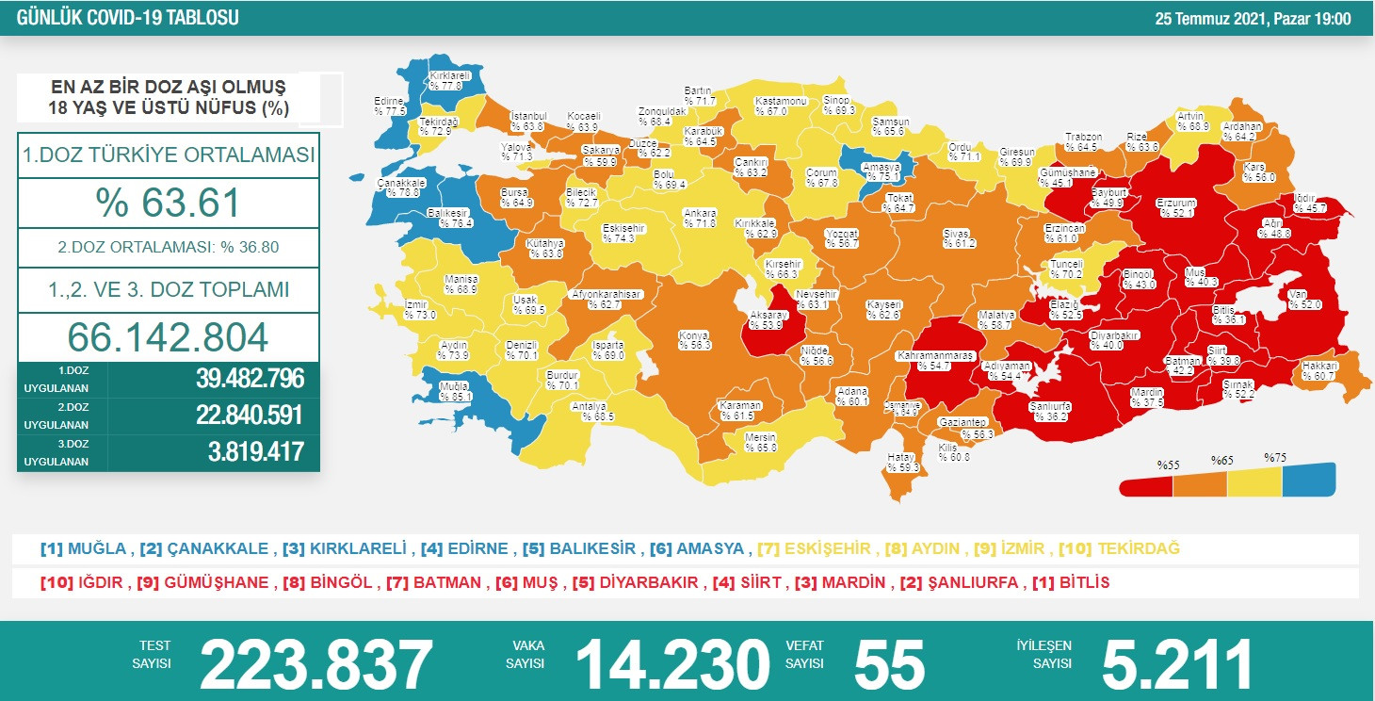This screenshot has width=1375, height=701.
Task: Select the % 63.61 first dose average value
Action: [x=168, y=203]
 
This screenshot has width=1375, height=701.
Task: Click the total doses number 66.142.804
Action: [x=168, y=336]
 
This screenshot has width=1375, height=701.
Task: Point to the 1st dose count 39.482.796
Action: [x=250, y=379]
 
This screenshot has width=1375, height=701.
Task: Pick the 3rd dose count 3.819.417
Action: [x=255, y=452]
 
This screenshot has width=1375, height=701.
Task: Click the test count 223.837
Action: [x=315, y=663]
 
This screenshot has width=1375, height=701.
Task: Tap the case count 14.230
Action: [x=671, y=663]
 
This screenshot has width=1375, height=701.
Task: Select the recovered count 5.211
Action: [x=1176, y=663]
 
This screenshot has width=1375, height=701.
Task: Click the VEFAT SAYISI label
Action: [x=805, y=654]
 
